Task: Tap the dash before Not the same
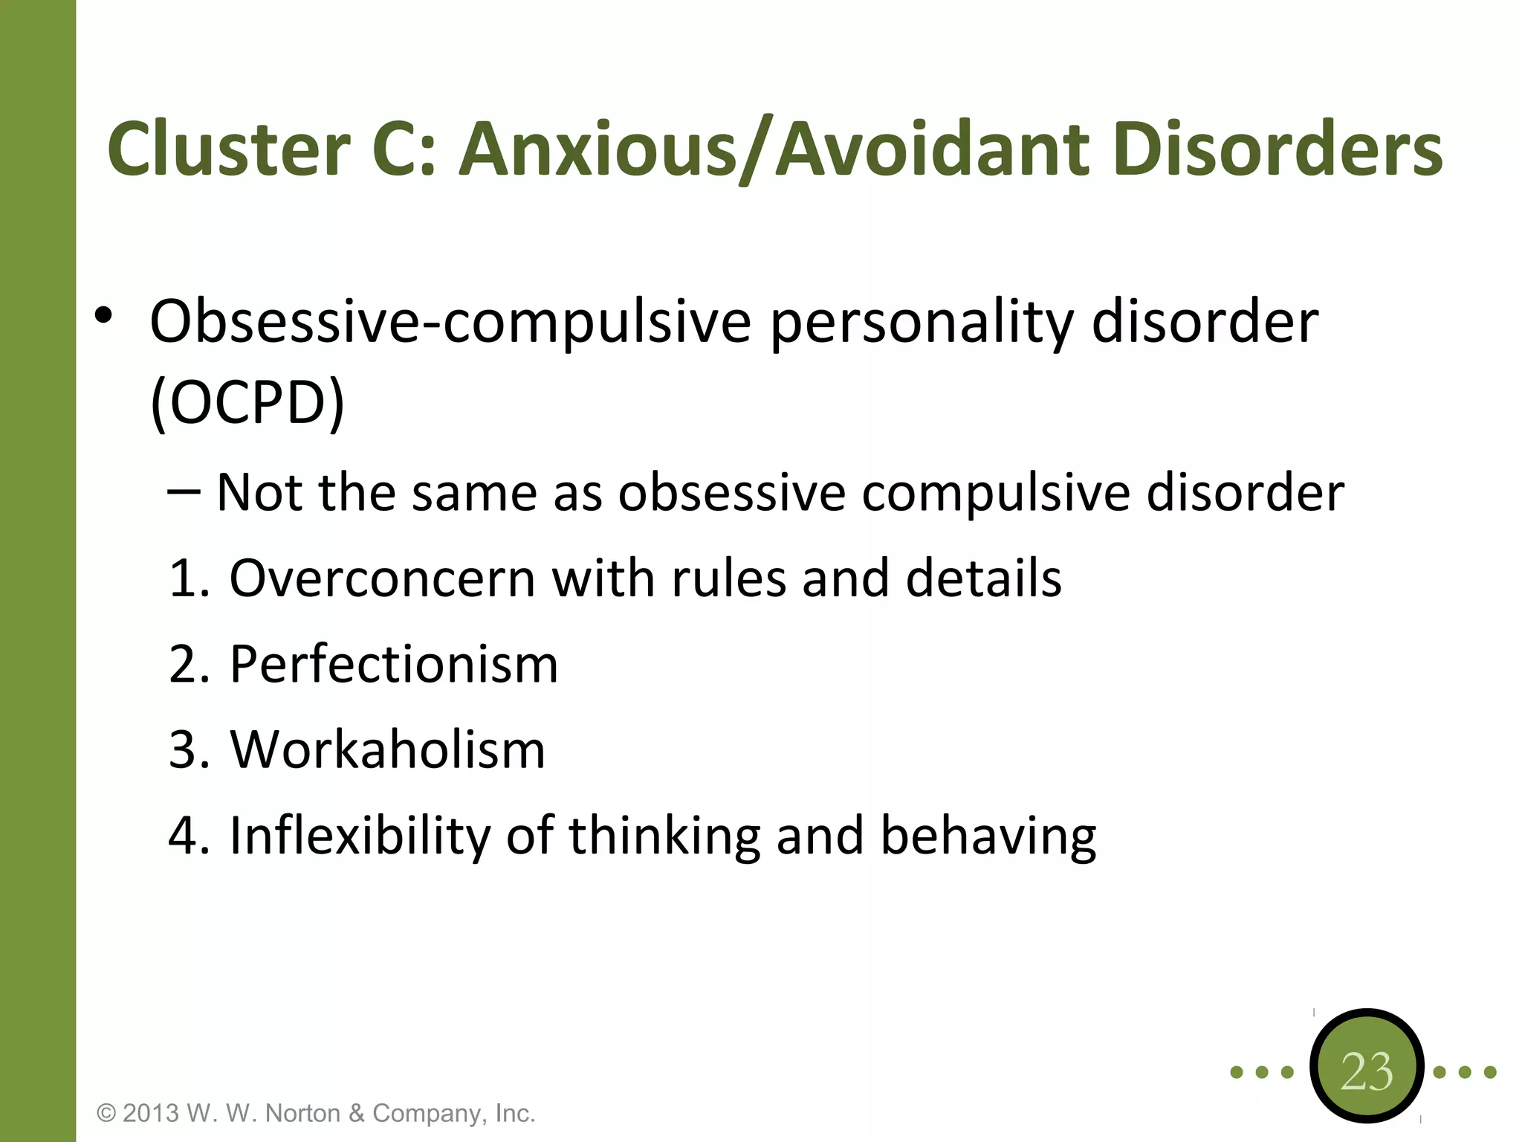184,491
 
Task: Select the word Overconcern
382,578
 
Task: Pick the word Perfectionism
393,663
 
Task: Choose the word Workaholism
387,749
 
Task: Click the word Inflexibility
360,835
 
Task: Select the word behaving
988,836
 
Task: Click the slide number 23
1367,1071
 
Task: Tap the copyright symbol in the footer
107,1113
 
